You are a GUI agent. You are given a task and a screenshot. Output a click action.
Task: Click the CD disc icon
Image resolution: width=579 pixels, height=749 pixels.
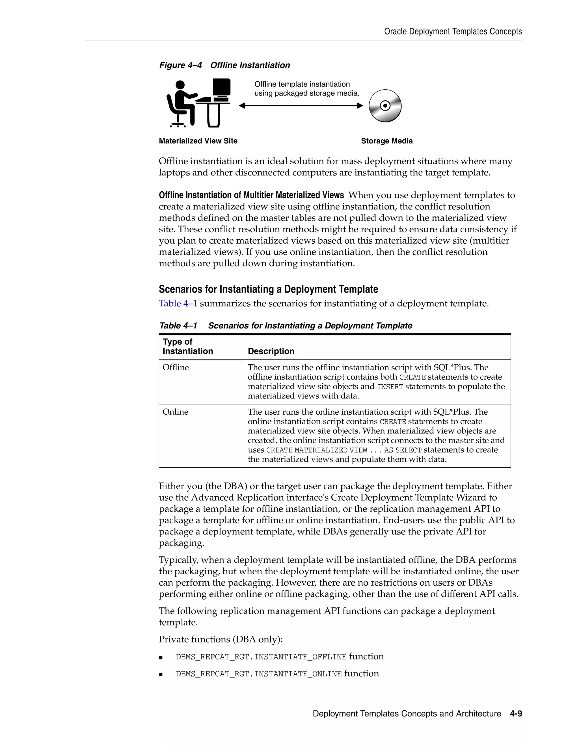tap(385, 106)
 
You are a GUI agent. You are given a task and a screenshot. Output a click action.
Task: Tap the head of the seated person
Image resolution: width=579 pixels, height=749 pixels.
tap(180, 85)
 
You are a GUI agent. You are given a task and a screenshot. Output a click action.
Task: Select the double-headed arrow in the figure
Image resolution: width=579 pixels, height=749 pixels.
tap(301, 106)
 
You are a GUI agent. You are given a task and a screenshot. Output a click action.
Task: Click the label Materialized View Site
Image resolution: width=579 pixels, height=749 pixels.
tap(198, 141)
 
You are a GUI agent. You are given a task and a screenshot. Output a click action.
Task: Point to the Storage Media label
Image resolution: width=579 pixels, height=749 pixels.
tap(386, 141)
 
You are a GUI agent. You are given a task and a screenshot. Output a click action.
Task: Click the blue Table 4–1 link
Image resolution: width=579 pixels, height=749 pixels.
tap(178, 304)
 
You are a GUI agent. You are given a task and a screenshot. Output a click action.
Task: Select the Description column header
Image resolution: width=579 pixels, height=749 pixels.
tap(271, 351)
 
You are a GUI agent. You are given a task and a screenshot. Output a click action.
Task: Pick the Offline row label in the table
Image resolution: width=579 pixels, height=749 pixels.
tap(176, 367)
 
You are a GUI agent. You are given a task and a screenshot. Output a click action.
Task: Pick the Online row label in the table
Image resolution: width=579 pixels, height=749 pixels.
tap(175, 412)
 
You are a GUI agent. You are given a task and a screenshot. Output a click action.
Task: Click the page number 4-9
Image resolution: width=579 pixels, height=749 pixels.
tap(516, 714)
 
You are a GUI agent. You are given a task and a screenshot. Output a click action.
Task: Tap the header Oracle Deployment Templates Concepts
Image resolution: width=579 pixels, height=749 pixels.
tap(453, 32)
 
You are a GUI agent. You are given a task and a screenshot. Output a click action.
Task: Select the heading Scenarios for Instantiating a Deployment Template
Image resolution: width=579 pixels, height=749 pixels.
tap(268, 289)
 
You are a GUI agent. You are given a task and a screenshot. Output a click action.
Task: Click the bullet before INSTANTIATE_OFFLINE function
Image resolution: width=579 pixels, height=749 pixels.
tap(161, 658)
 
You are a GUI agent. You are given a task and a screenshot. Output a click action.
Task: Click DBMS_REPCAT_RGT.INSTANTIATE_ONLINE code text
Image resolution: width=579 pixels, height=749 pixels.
tap(259, 674)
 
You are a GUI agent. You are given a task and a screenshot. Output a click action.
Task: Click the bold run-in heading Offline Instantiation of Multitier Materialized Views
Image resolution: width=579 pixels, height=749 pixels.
tap(251, 195)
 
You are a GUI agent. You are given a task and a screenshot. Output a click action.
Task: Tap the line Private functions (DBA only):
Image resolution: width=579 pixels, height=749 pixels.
tap(221, 639)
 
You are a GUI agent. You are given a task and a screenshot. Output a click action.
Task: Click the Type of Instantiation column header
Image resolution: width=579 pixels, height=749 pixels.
tap(188, 347)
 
